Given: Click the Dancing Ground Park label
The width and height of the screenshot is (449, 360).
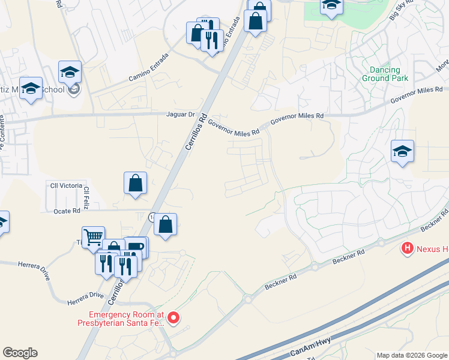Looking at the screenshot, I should (385, 74).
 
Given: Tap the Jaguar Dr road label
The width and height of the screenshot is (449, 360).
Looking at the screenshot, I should (181, 114).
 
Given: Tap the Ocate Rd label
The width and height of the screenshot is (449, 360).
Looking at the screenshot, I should (67, 211).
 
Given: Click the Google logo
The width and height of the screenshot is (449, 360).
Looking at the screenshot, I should (20, 353).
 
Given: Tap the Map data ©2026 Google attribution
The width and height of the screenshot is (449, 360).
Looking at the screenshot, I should (411, 355).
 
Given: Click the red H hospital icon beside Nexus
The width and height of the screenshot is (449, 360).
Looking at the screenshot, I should (408, 247).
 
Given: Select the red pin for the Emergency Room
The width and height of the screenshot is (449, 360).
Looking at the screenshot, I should (173, 317).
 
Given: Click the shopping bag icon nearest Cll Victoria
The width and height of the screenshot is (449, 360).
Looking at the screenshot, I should (135, 182).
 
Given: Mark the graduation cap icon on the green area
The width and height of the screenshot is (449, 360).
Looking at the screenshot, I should (331, 5).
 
